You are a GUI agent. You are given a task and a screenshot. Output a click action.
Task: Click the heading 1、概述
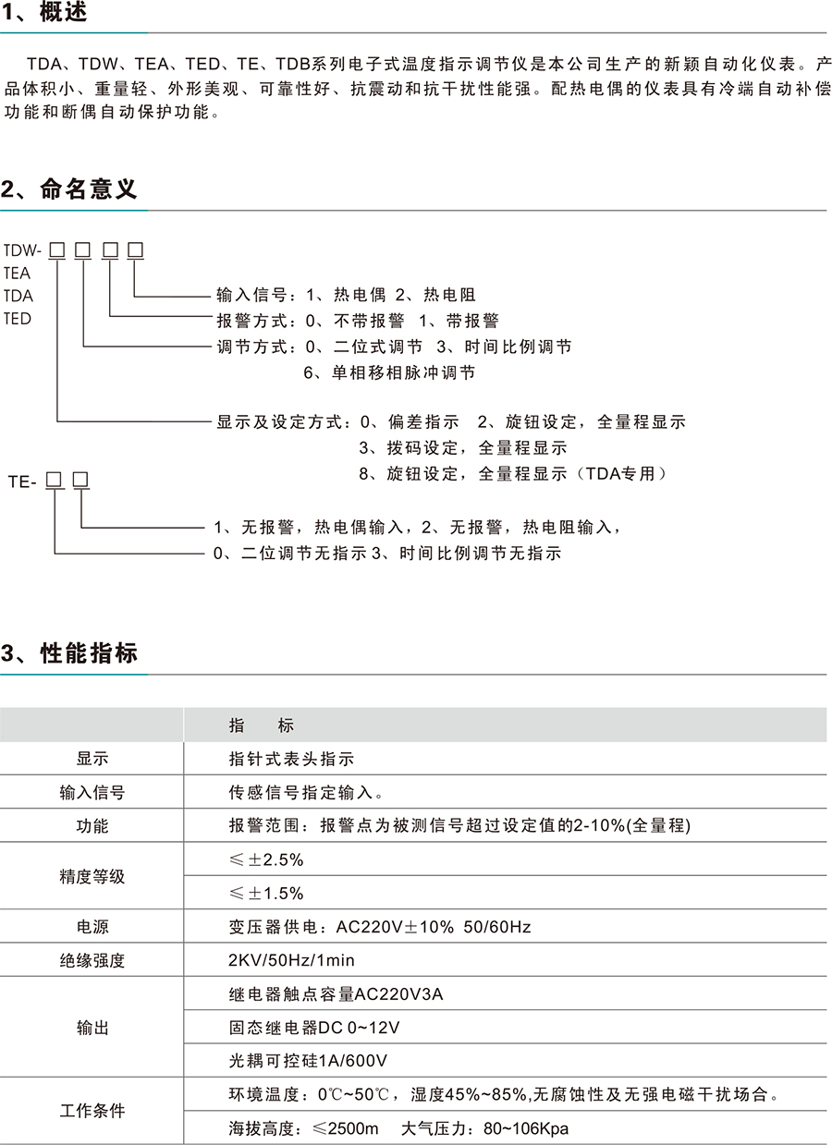click(x=47, y=13)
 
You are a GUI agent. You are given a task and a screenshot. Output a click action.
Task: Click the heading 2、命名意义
click(x=69, y=189)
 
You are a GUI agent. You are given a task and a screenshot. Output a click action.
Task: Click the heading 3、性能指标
click(x=69, y=653)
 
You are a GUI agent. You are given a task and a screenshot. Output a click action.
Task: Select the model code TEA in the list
click(x=17, y=273)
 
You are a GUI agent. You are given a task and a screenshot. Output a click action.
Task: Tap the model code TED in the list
click(x=17, y=319)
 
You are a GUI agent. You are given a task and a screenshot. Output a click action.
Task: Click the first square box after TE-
click(x=54, y=480)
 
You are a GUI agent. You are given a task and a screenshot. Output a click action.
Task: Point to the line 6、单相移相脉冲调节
click(x=389, y=372)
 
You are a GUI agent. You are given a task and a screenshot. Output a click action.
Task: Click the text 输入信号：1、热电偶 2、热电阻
click(x=346, y=295)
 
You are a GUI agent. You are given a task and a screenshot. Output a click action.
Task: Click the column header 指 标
click(x=261, y=725)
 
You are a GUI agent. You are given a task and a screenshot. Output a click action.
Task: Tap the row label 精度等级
click(x=92, y=876)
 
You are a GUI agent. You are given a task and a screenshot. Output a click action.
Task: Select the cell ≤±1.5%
click(x=266, y=894)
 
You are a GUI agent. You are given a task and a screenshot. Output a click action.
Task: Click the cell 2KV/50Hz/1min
click(x=291, y=961)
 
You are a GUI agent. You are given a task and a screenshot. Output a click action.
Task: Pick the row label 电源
click(x=92, y=927)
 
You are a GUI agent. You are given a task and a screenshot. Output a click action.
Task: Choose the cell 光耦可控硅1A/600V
click(x=308, y=1061)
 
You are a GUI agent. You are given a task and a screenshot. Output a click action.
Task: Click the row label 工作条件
click(x=92, y=1111)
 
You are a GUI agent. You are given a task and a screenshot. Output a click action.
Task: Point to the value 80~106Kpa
click(x=524, y=1128)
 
